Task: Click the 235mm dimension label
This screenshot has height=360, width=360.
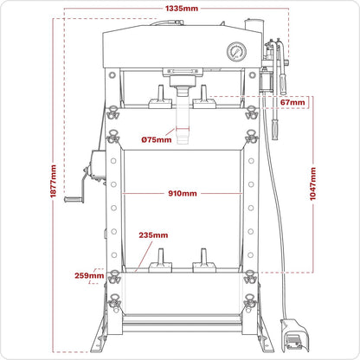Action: tap(153, 235)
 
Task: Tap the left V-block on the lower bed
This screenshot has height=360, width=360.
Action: tap(159, 260)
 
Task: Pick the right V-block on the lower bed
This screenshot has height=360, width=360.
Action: tap(204, 260)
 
